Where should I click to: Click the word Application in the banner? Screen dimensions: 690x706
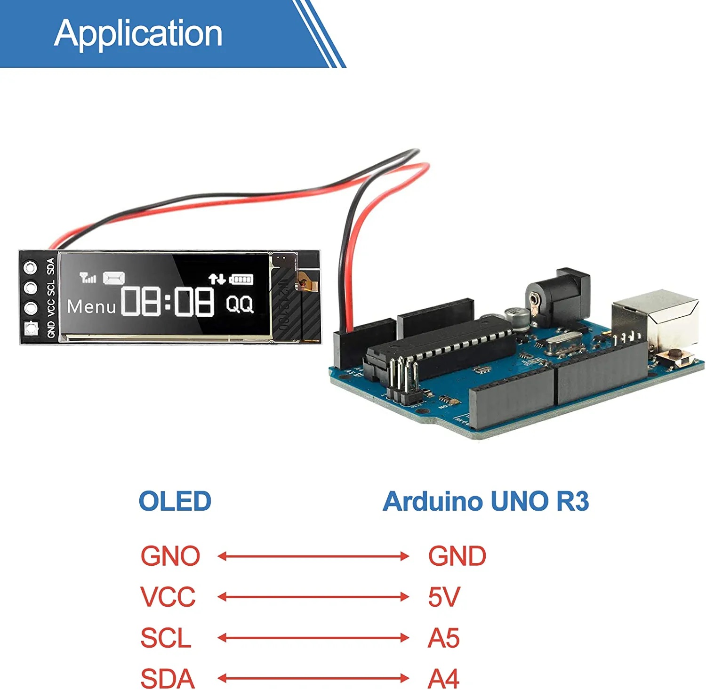138,34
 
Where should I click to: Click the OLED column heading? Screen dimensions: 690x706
175,501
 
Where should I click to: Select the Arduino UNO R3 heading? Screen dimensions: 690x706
485,501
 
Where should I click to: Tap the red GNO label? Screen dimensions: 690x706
170,556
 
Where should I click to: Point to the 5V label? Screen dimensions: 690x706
444,597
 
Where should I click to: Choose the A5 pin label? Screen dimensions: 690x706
443,638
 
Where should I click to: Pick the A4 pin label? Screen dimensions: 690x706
443,679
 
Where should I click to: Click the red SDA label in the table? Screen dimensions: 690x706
168,679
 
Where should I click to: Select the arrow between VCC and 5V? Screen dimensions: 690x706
313,597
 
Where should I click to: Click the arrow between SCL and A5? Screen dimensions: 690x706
313,638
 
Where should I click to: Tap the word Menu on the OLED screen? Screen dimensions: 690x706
91,307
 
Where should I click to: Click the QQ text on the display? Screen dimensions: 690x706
240,304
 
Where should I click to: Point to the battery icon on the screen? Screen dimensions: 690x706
241,279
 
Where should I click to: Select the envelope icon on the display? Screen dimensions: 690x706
114,278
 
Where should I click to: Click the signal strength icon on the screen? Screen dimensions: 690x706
88,278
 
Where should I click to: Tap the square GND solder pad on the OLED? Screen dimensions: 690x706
31,328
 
